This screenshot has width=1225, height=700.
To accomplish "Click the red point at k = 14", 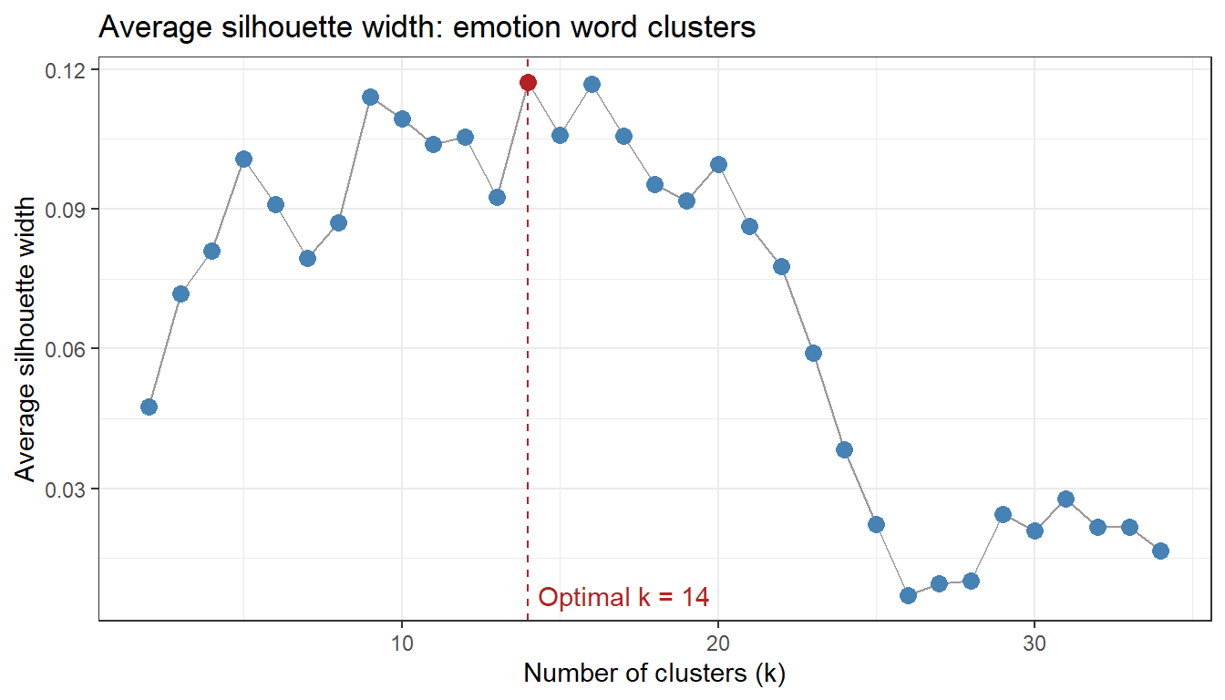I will tap(528, 82).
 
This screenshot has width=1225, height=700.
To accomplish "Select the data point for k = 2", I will tap(149, 407).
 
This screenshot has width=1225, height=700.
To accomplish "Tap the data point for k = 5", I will tap(243, 159).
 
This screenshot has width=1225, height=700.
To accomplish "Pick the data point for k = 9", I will tap(370, 97).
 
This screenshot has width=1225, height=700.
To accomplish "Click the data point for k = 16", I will tap(592, 84).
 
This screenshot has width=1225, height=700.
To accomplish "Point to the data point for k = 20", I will tap(718, 164).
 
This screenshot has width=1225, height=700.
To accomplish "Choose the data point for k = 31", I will tap(1065, 499).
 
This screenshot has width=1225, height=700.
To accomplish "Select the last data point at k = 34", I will tap(1160, 551).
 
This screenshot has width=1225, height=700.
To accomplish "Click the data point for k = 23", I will tap(813, 353).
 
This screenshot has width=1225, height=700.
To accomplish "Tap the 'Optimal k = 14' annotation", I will tap(623, 598).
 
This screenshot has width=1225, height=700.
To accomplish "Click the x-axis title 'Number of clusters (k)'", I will tap(654, 674).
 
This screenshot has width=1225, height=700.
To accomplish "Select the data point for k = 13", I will tap(497, 197).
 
